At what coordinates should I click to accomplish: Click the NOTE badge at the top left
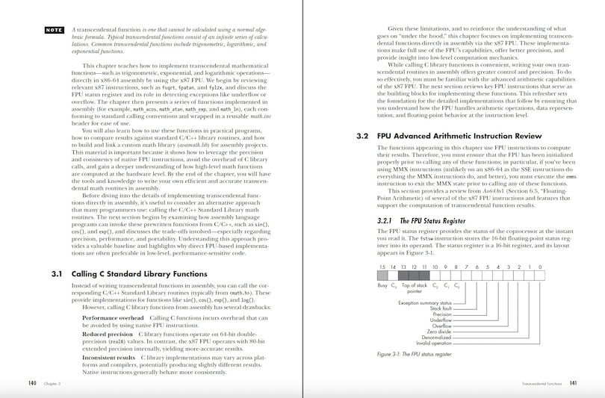54,31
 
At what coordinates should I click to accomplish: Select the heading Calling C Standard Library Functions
128,273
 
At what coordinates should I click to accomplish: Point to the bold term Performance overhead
114,318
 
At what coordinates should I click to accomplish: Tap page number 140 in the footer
32,383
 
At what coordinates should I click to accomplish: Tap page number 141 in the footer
573,383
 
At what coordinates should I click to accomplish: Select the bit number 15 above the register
382,267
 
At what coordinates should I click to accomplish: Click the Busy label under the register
382,285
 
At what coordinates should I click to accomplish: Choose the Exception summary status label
424,302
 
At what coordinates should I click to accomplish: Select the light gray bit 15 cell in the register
382,276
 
